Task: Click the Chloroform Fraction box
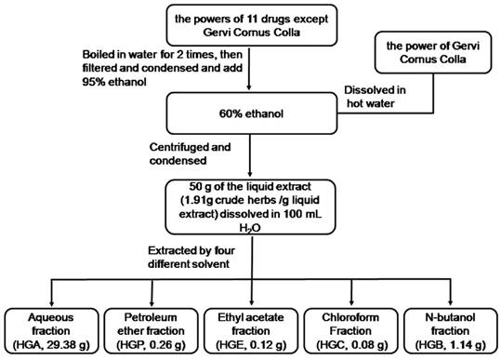coord(350,328)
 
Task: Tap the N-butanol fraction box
coord(450,328)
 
